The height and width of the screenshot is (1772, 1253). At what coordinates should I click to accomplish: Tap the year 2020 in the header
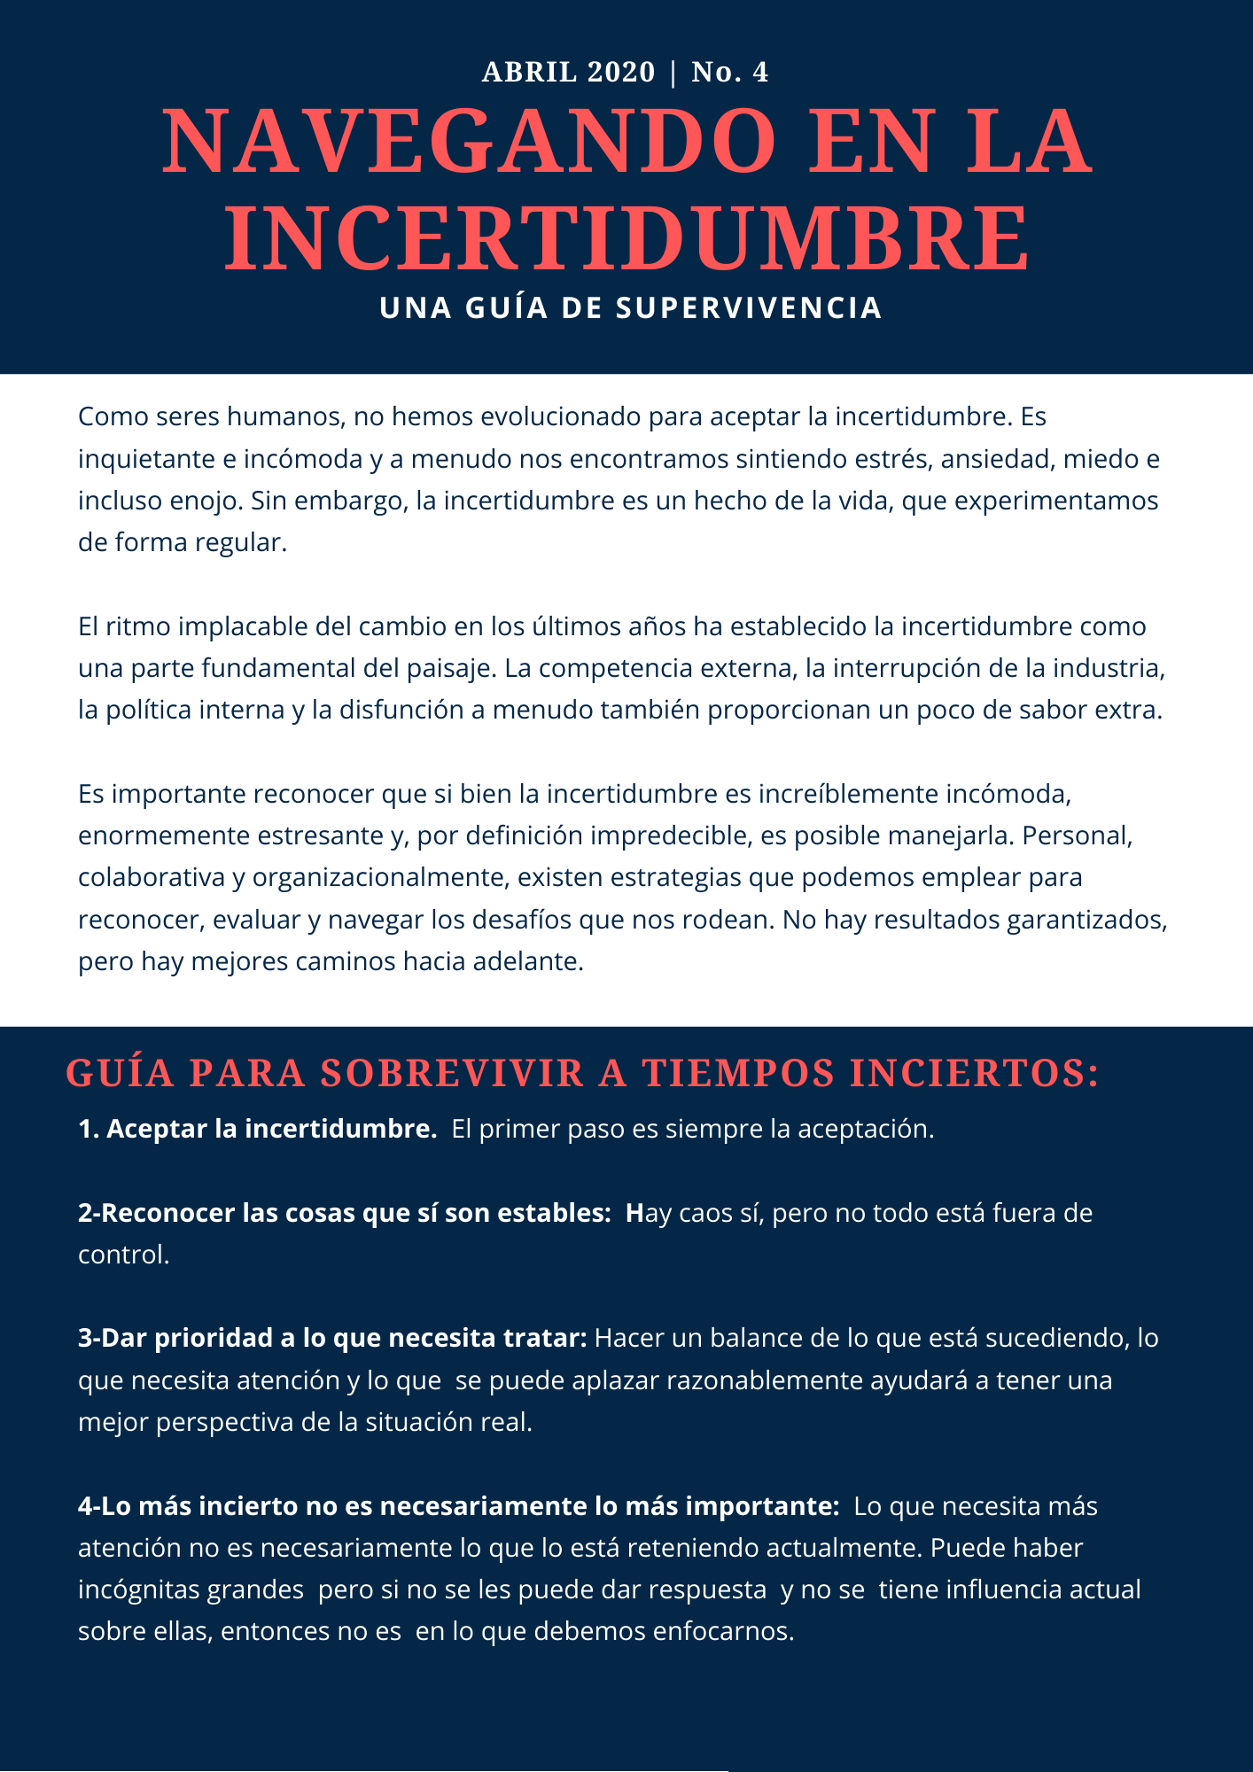pyautogui.click(x=621, y=72)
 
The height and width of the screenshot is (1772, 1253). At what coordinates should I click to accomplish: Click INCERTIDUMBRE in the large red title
pyautogui.click(x=626, y=238)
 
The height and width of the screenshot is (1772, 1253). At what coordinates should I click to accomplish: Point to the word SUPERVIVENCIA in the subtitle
pyautogui.click(x=749, y=307)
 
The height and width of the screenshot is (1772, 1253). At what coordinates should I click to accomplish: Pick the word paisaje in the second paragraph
pyautogui.click(x=447, y=667)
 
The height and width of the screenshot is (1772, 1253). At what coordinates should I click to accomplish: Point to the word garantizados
pyautogui.click(x=1086, y=920)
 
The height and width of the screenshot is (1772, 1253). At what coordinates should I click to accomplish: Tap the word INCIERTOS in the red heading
pyautogui.click(x=974, y=1073)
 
